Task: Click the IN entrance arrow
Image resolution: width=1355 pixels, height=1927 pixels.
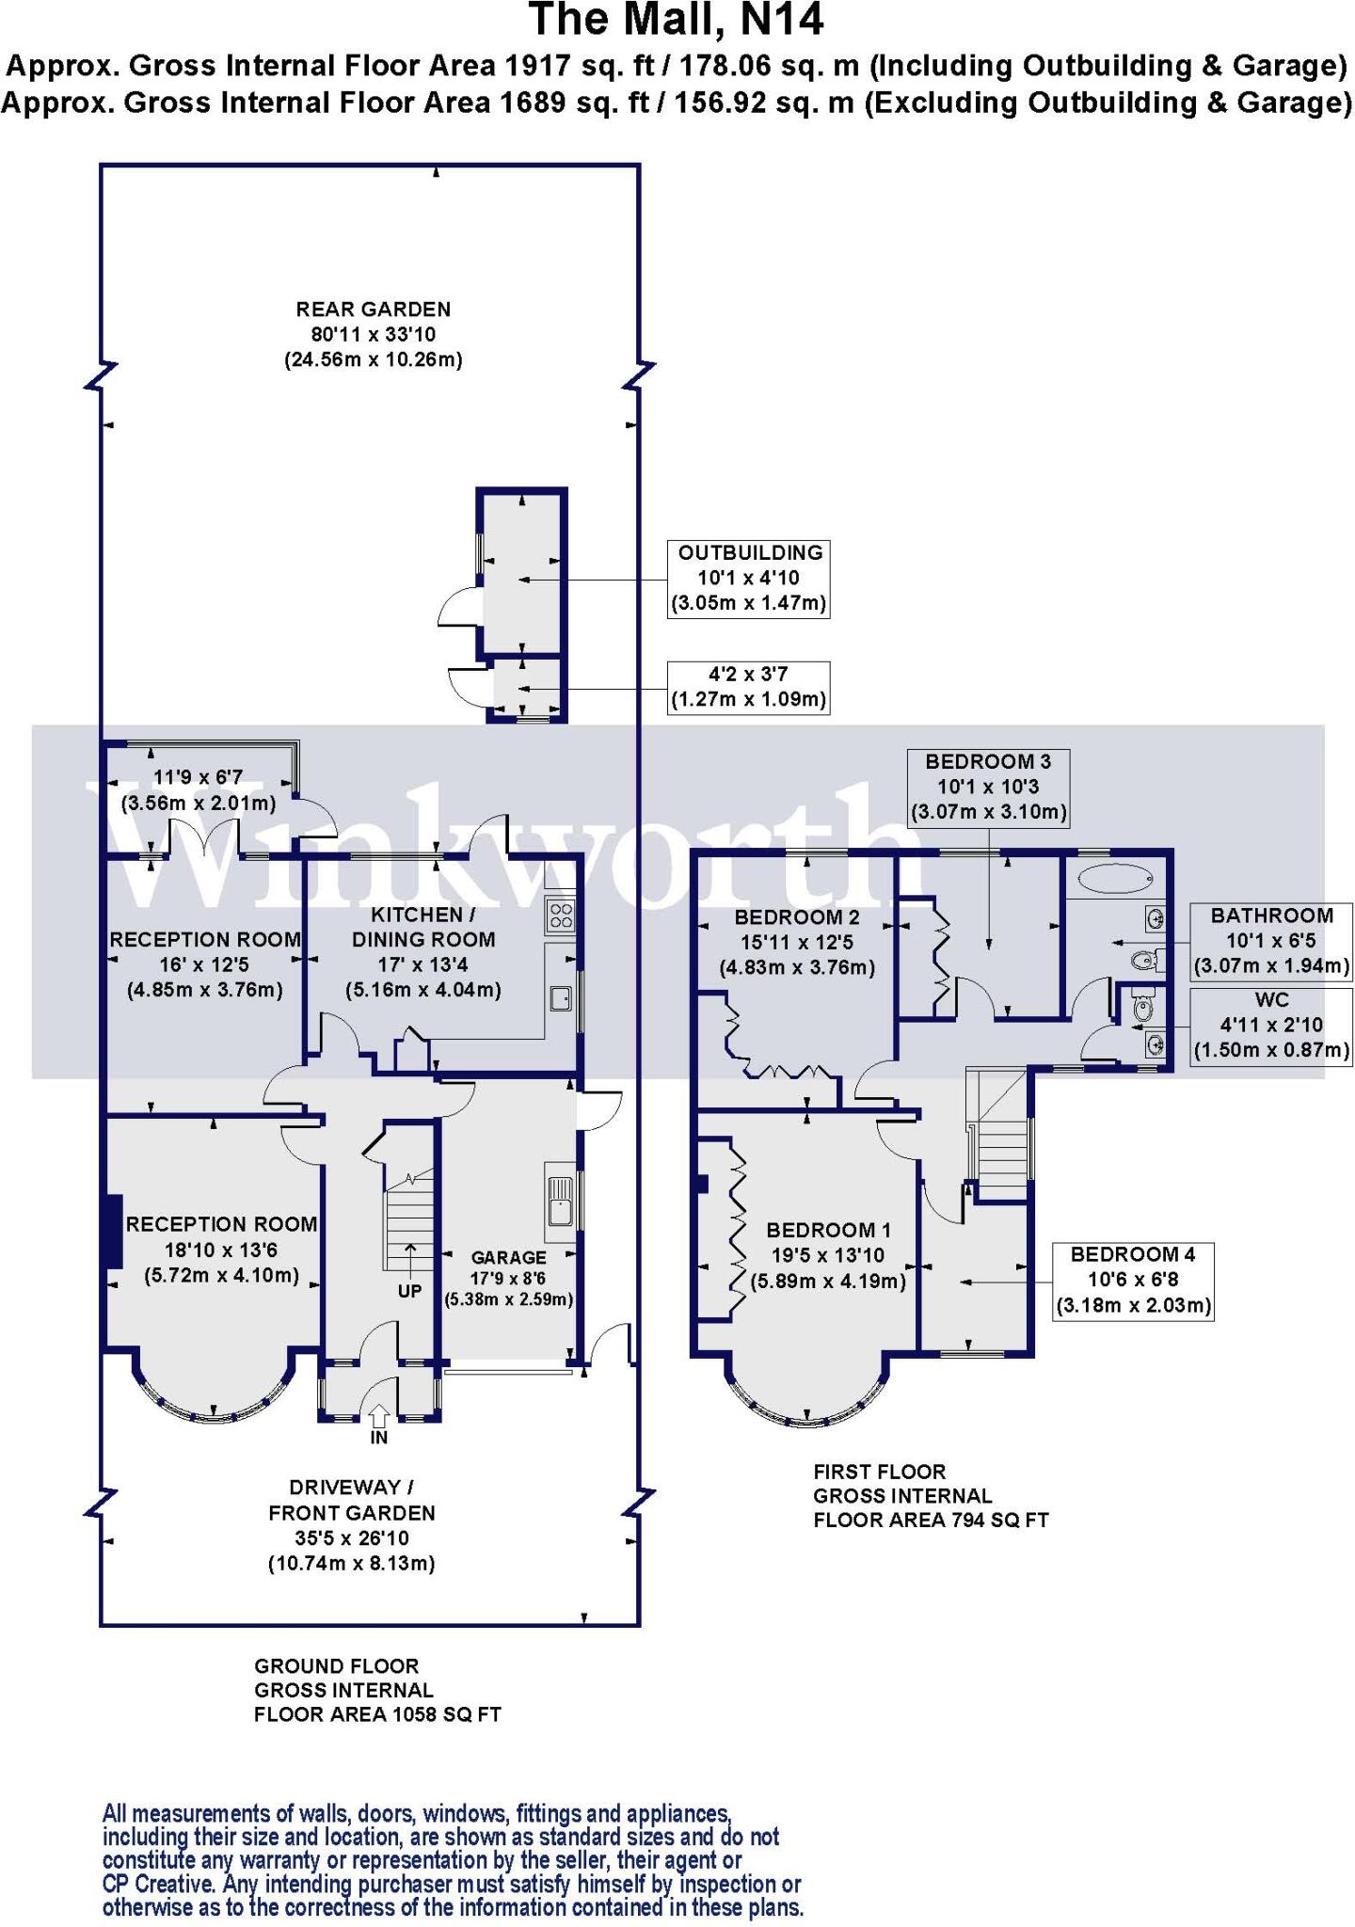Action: point(379,1413)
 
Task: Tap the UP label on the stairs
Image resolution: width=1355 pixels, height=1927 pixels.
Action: point(409,1291)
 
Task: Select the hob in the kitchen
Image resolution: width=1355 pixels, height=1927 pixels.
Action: point(561,915)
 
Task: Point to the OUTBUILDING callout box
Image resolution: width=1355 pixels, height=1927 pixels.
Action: point(750,578)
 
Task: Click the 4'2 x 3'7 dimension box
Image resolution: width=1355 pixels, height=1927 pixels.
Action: point(748,687)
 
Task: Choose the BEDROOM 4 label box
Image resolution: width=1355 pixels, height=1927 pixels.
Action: point(1132,1280)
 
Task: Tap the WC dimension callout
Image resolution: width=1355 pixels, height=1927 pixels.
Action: point(1271,1025)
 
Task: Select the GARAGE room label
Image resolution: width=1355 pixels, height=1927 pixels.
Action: point(508,1257)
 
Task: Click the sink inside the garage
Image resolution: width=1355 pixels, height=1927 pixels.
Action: point(561,1204)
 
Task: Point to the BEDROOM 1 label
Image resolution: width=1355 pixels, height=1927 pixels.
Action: point(828,1230)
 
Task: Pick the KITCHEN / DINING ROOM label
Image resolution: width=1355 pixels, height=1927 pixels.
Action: point(422,927)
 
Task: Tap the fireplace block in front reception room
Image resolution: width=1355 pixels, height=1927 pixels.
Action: point(111,1232)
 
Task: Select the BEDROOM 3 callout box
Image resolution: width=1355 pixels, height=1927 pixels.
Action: point(988,787)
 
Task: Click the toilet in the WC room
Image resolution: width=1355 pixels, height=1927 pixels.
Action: point(1141,1008)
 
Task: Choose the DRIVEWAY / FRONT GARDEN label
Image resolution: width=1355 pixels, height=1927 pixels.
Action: point(351,1499)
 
